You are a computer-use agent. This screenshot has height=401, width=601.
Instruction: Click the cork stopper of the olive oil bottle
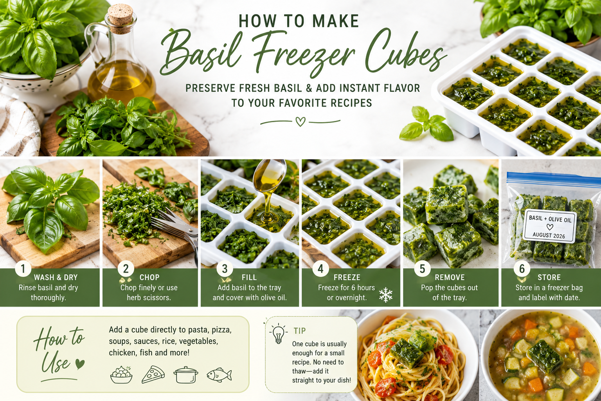tap(121, 14)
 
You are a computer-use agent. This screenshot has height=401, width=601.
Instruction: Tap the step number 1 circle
tap(23, 269)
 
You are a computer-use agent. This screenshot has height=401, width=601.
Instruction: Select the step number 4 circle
tap(320, 269)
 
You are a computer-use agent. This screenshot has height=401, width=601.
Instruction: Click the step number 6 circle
tap(522, 269)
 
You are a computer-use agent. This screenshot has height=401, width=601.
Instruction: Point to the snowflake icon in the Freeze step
tap(385, 295)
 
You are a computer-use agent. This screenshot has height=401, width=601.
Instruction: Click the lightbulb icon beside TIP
tap(278, 334)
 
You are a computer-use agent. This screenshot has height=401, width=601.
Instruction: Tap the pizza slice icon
tap(153, 374)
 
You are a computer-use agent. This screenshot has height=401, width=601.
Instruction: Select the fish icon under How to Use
tap(219, 374)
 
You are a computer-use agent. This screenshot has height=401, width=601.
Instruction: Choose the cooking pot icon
tap(186, 374)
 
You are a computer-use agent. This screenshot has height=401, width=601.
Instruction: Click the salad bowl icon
tap(121, 374)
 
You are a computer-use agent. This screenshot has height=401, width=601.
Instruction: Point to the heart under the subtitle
tap(300, 122)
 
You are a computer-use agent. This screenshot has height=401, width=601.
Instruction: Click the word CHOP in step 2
tap(149, 277)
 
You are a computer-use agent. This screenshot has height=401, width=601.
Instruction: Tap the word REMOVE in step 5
tap(450, 277)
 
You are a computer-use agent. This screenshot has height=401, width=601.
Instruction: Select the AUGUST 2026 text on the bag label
tap(549, 235)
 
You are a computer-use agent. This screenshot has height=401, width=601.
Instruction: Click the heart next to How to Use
tap(80, 364)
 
